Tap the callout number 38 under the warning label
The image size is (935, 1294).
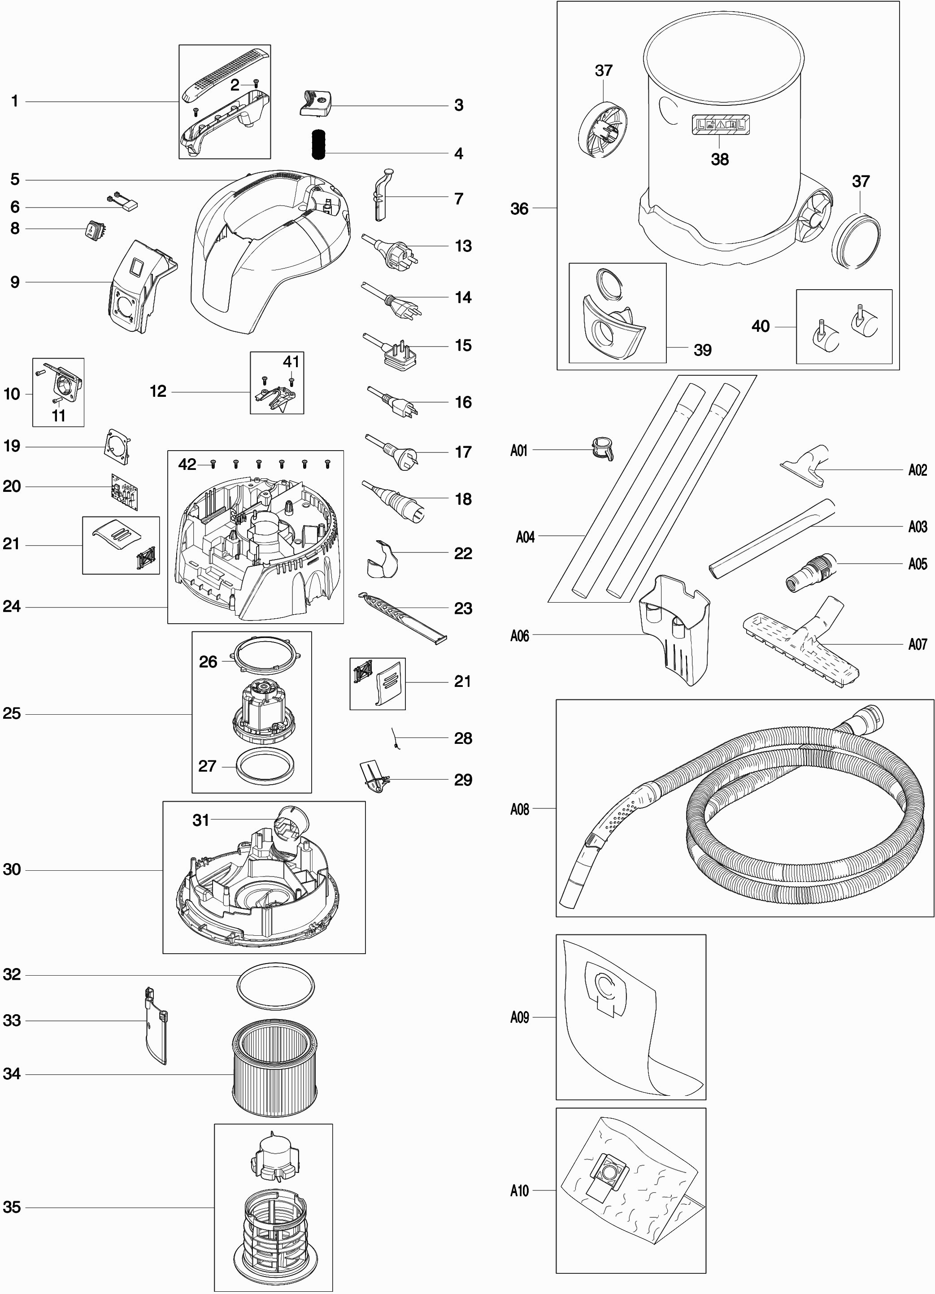pyautogui.click(x=719, y=159)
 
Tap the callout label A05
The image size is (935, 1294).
pyautogui.click(x=918, y=564)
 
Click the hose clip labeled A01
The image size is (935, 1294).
pyautogui.click(x=602, y=448)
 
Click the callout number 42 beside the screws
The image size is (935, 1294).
pyautogui.click(x=187, y=465)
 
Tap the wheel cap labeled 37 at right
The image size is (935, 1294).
pyautogui.click(x=856, y=239)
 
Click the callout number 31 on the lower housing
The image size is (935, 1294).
pyautogui.click(x=201, y=820)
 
